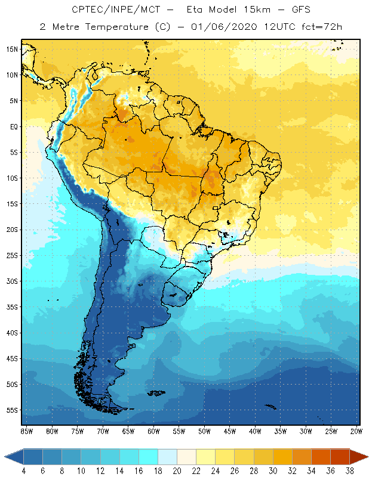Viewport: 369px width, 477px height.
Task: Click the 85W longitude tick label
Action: click(x=27, y=431)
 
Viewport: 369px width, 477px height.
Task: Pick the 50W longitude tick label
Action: click(x=205, y=431)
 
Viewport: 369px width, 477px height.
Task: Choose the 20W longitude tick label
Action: click(x=356, y=431)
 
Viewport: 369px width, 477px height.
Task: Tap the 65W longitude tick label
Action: click(x=128, y=431)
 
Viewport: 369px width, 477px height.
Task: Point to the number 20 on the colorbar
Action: click(x=177, y=471)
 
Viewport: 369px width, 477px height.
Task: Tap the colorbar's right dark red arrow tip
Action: click(x=367, y=457)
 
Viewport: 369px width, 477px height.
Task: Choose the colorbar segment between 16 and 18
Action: click(x=148, y=457)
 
